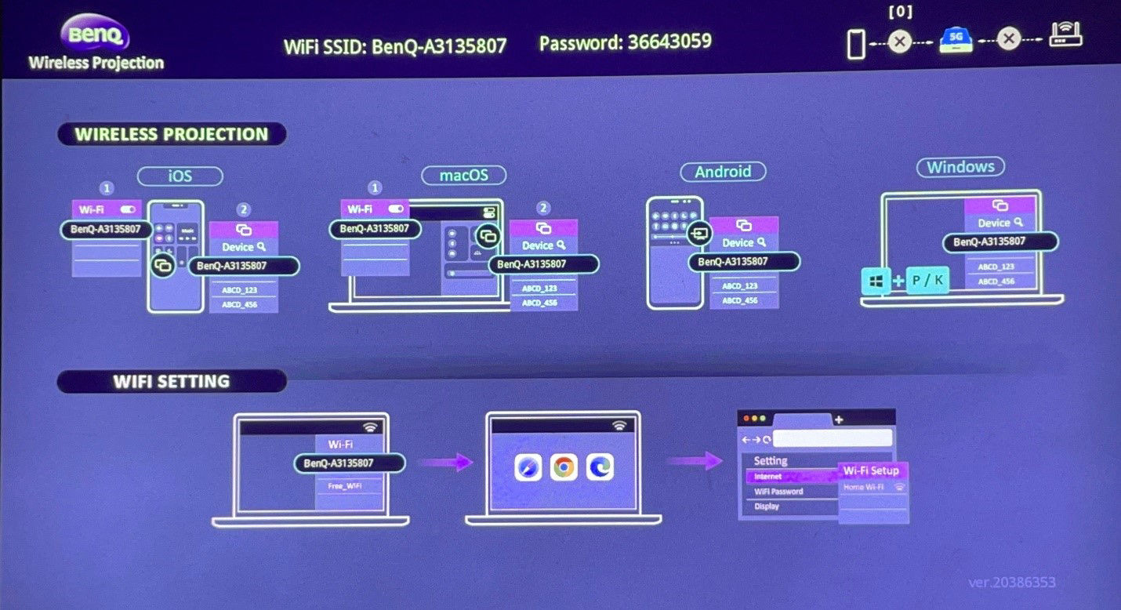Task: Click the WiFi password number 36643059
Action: click(x=669, y=42)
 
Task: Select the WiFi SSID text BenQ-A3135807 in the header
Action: click(x=439, y=45)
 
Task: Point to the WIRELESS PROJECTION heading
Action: click(x=171, y=134)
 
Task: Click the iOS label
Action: click(x=180, y=176)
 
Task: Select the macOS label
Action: click(x=463, y=174)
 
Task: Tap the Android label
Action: click(x=723, y=171)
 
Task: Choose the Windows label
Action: click(x=960, y=167)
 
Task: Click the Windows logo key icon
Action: click(x=875, y=280)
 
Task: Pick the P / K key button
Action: click(x=927, y=280)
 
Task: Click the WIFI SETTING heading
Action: click(x=171, y=382)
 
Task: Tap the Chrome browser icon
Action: click(x=564, y=467)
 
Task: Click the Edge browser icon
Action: click(x=600, y=467)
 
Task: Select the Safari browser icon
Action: click(x=528, y=467)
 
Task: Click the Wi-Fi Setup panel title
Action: click(x=872, y=470)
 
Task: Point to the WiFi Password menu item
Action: click(x=779, y=492)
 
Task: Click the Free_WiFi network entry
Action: click(x=345, y=486)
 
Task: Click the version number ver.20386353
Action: click(x=1011, y=582)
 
